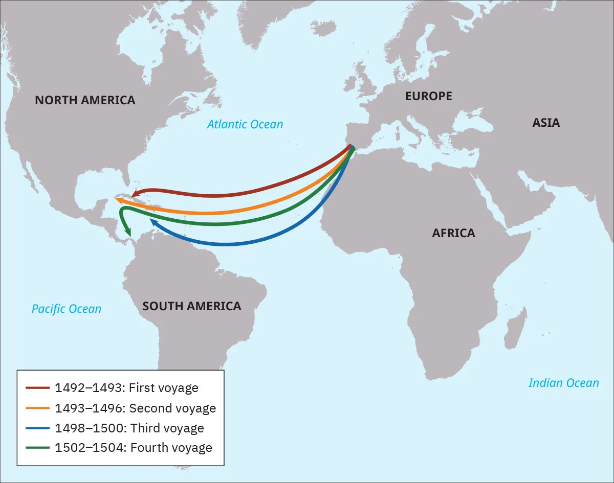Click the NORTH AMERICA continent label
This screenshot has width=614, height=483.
(x=85, y=100)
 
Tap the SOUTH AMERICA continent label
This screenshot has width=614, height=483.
(x=191, y=306)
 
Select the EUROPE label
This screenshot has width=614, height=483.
(x=428, y=96)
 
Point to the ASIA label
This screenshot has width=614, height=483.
(x=545, y=123)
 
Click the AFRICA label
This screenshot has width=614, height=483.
(x=453, y=233)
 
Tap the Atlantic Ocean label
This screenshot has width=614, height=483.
(x=245, y=124)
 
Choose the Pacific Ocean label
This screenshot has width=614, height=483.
(x=67, y=309)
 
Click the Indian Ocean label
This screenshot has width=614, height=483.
(x=563, y=383)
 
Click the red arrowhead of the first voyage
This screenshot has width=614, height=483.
(x=134, y=194)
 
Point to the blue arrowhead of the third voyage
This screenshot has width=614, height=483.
(x=153, y=222)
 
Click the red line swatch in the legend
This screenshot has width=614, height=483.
(x=37, y=388)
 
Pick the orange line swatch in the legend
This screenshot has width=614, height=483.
(x=37, y=408)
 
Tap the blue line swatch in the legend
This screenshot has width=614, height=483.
(x=37, y=428)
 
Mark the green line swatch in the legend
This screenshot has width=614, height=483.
(x=37, y=448)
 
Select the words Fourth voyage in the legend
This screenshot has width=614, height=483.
(x=171, y=448)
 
